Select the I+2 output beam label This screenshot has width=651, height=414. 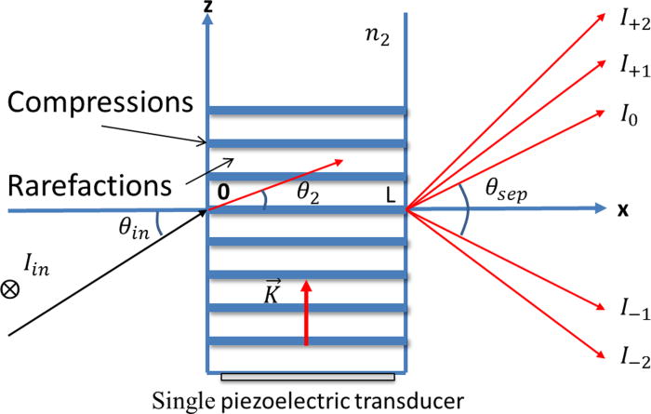[624, 23]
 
